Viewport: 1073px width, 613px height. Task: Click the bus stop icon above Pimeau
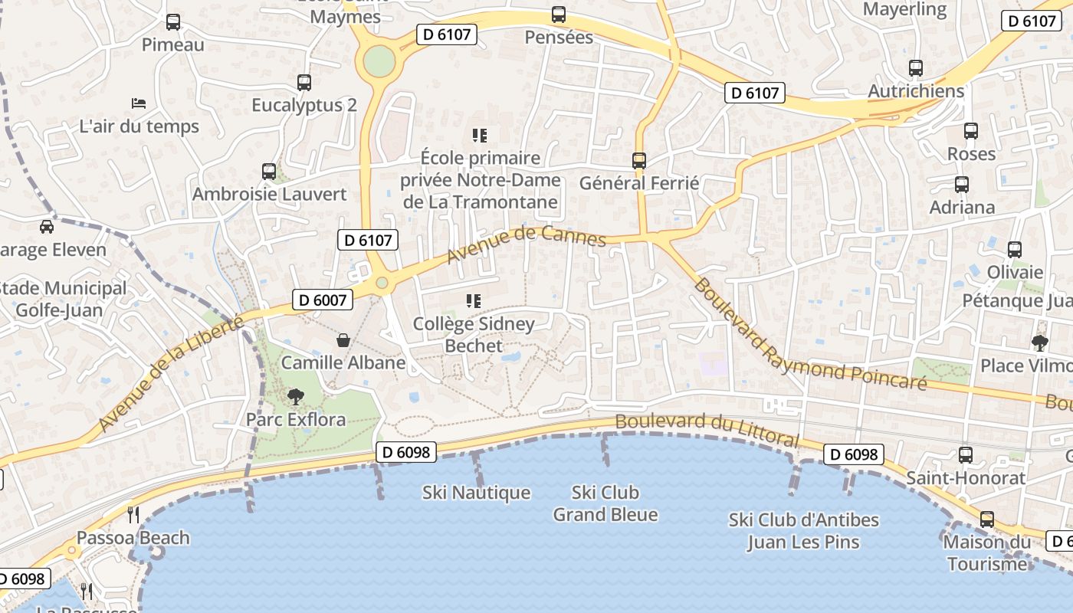(x=173, y=22)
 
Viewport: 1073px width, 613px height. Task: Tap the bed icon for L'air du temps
(x=139, y=103)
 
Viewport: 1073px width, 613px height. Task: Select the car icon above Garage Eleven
(x=47, y=227)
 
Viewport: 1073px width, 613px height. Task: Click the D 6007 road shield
(x=323, y=300)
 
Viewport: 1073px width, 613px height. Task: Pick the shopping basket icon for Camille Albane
(x=343, y=339)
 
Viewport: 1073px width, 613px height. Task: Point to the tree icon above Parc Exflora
(x=295, y=396)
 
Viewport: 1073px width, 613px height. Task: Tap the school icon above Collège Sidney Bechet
(x=474, y=301)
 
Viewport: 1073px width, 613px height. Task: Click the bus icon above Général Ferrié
(x=639, y=161)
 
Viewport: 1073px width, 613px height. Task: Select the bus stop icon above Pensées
(x=559, y=15)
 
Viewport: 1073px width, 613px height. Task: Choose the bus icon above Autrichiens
(x=916, y=68)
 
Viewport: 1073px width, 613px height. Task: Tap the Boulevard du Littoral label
(x=707, y=431)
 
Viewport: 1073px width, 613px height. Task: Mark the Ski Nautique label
(x=476, y=493)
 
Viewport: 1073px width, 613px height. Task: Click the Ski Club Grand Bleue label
(x=605, y=503)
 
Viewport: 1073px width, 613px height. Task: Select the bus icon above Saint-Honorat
(x=966, y=455)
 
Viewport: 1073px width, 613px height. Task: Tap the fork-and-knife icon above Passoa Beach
(x=133, y=514)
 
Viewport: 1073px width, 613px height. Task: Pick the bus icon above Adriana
(x=962, y=185)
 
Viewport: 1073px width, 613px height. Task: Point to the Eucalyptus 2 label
(x=304, y=105)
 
